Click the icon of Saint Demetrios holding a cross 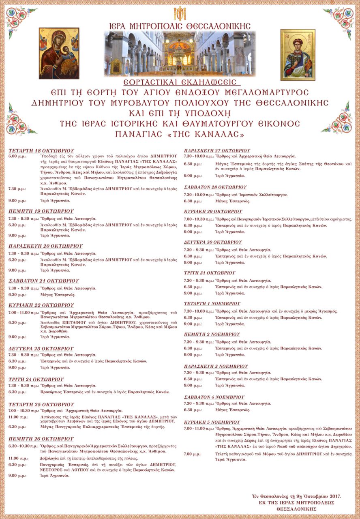(298, 54)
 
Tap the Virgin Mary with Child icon (59, 53)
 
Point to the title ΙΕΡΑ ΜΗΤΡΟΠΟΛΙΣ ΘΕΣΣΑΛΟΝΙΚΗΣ (180, 26)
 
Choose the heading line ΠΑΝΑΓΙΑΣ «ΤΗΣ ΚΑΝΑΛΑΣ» (180, 134)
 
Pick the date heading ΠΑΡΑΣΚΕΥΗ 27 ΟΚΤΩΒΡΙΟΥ (217, 150)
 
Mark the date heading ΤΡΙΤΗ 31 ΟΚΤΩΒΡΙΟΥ (209, 273)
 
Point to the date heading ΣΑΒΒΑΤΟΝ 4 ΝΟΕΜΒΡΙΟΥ (214, 397)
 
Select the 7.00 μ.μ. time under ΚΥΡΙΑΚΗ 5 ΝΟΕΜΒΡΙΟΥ (192, 454)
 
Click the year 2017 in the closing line (334, 496)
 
